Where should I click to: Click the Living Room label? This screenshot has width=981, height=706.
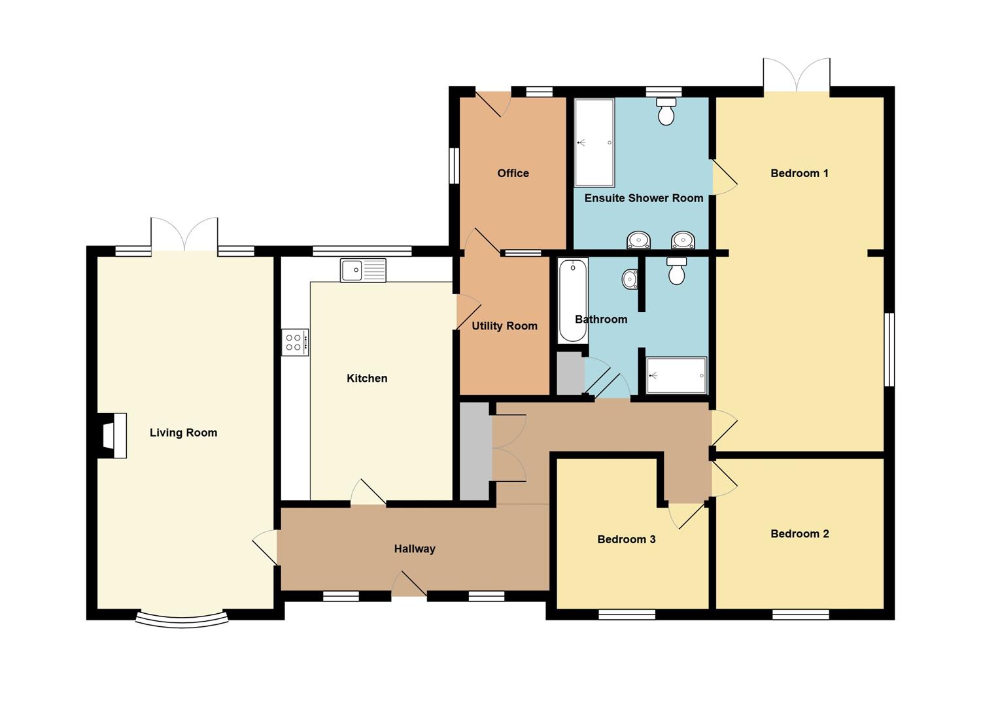[x=183, y=433]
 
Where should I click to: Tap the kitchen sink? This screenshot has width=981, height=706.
[x=363, y=270]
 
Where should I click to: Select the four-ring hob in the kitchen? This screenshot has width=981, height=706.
[x=295, y=343]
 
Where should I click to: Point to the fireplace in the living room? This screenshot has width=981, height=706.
[x=112, y=435]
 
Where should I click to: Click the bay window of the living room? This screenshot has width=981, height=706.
[x=182, y=620]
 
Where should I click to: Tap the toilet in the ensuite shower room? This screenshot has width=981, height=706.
[x=666, y=111]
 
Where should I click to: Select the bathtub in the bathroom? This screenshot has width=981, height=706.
[x=573, y=300]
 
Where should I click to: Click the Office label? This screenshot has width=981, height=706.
[x=513, y=173]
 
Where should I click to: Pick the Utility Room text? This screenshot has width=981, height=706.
[x=504, y=326]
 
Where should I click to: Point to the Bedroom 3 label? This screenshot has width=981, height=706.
[x=627, y=539]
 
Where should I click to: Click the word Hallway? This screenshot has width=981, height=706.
[x=415, y=549]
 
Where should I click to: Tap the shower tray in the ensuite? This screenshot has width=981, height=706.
[x=594, y=143]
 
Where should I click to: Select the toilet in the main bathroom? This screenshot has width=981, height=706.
[x=677, y=271]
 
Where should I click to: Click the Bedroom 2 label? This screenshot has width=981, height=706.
[x=800, y=533]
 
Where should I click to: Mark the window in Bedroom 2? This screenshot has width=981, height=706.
[x=801, y=614]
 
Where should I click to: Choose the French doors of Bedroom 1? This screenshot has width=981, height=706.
[x=797, y=75]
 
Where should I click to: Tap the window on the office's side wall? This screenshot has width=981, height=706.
[x=454, y=165]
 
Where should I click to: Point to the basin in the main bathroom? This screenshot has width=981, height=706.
[x=630, y=279]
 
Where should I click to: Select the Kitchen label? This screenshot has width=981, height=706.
[x=367, y=378]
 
